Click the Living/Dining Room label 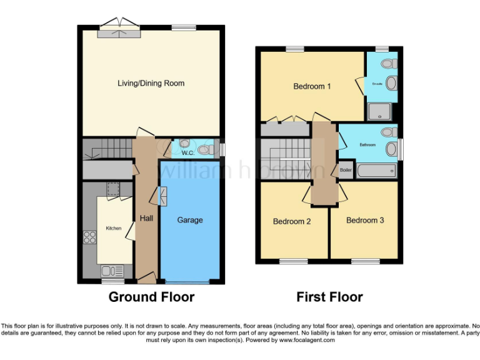151,83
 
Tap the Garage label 190,220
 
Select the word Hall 146,218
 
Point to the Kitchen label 113,228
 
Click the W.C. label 187,152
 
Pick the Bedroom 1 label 312,86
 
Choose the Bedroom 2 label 292,221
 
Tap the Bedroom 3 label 365,220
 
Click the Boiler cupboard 345,170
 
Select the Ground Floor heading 151,297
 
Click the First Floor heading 329,297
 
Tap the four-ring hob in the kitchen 89,237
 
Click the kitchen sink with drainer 111,271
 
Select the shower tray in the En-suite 377,112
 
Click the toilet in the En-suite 389,64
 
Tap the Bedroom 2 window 292,261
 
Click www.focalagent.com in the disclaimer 307,341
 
